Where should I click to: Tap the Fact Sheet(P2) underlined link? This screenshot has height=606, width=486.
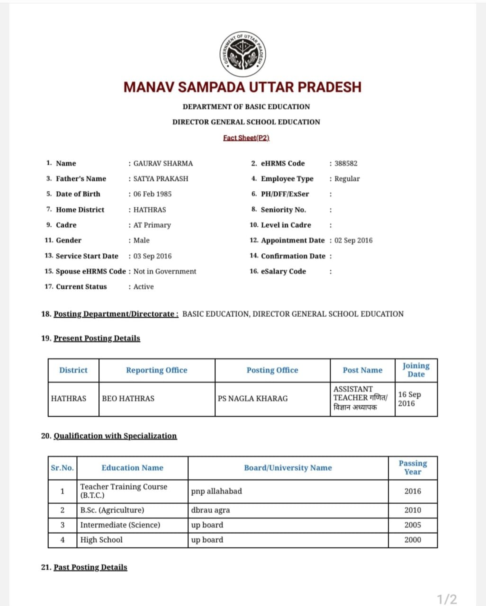tap(246, 138)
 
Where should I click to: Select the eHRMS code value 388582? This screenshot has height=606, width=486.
tap(346, 163)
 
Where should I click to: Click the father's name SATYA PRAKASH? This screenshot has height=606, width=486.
tap(161, 178)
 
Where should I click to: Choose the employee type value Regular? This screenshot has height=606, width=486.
tap(347, 178)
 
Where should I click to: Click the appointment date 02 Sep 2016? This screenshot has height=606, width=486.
tap(353, 240)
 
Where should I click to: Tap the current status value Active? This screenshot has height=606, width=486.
tap(144, 286)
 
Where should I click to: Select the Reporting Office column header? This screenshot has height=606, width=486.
tap(156, 370)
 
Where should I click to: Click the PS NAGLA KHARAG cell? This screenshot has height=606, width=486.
tap(252, 399)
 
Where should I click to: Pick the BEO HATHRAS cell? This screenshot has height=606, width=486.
tap(128, 399)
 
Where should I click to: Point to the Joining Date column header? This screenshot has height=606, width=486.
tap(416, 370)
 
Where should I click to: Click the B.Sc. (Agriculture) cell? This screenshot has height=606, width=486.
tap(112, 510)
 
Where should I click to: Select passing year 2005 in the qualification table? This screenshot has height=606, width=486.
tap(413, 525)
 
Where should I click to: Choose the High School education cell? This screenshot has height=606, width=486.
tap(101, 540)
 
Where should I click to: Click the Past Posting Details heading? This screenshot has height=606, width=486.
tap(90, 567)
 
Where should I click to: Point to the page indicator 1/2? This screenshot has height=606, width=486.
tap(447, 599)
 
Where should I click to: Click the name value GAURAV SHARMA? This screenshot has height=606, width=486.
tap(163, 163)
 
